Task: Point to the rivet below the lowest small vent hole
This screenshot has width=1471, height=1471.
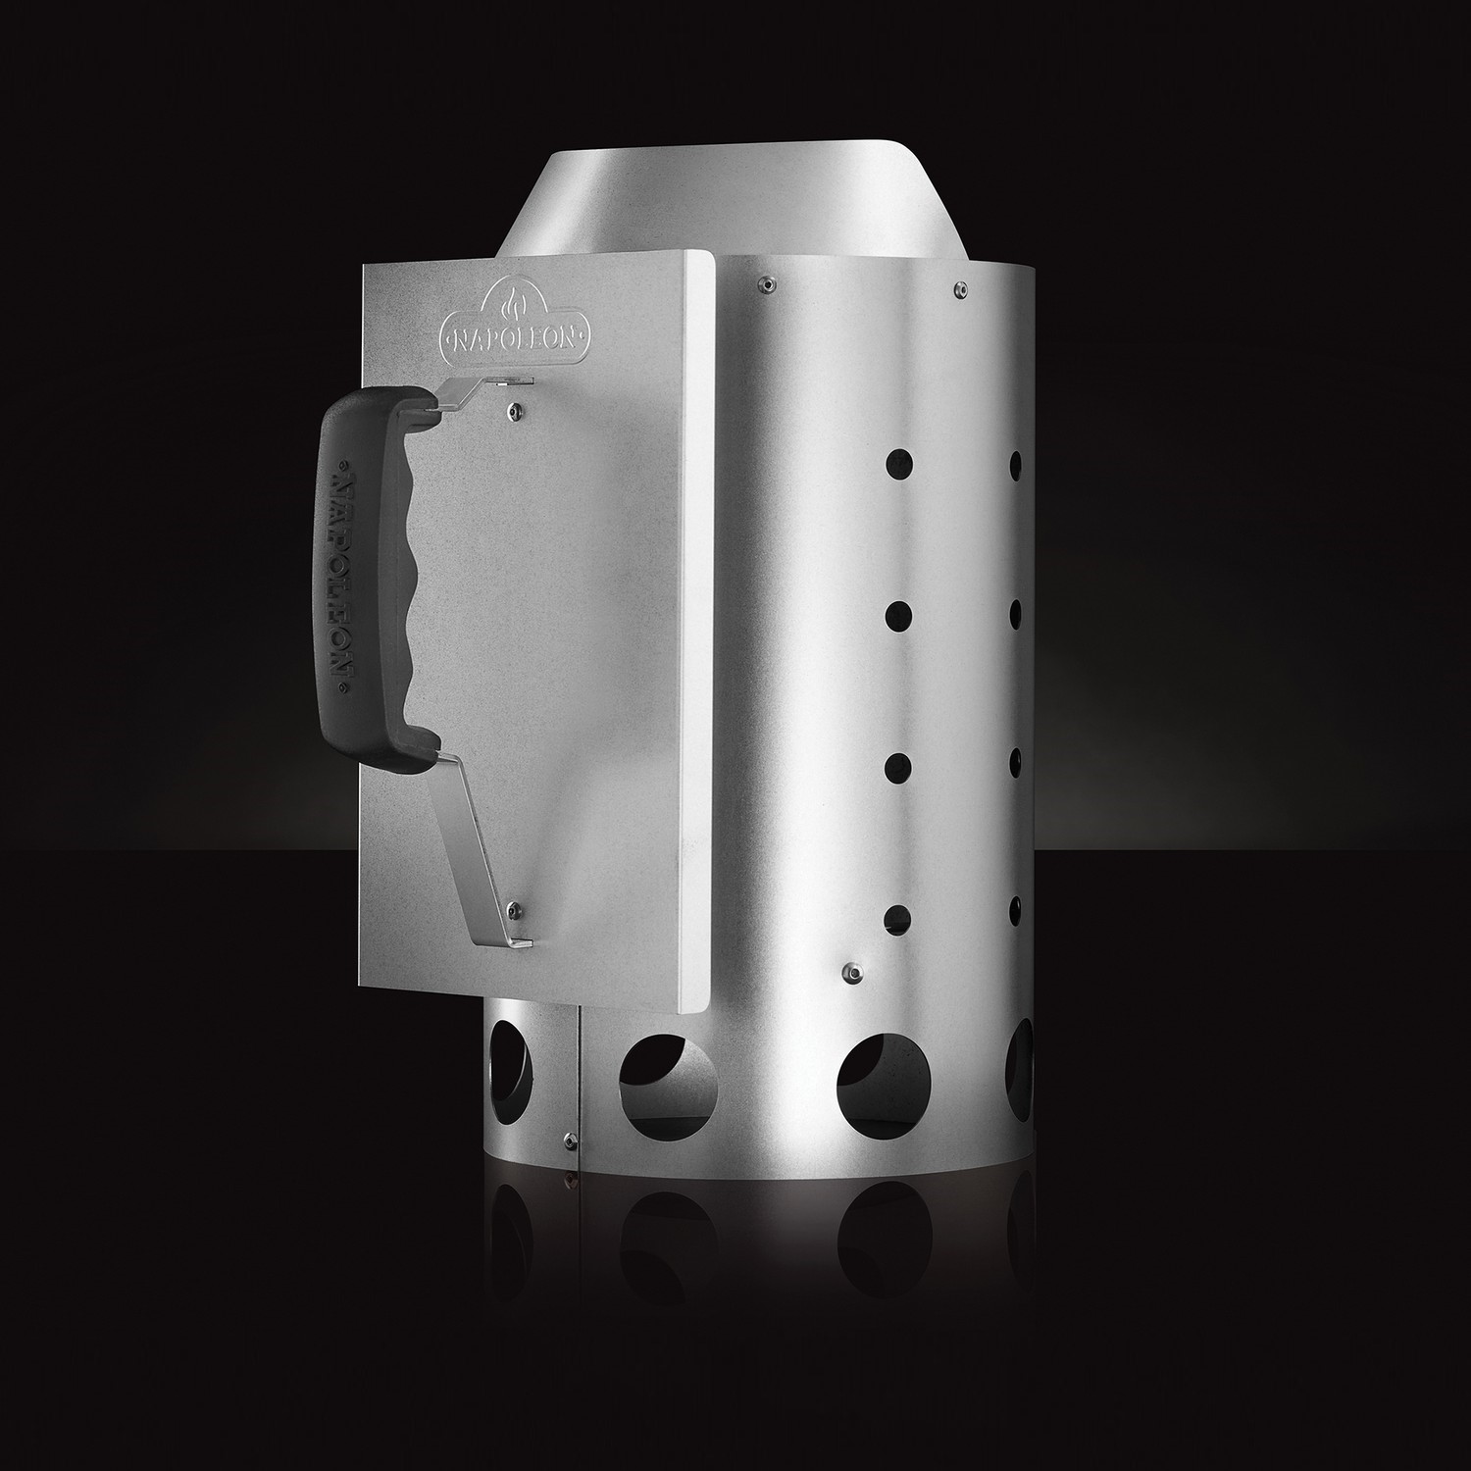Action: [853, 971]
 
